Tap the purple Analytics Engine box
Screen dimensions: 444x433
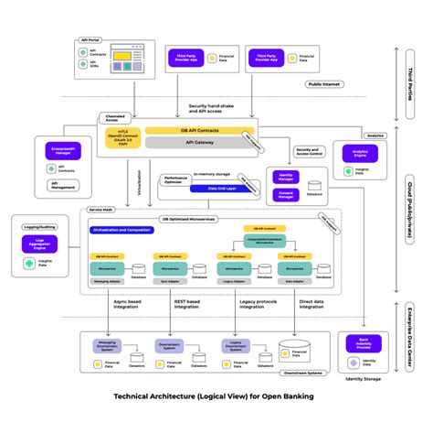pos(354,155)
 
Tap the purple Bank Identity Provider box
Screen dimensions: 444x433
pos(358,345)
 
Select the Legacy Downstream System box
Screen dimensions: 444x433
pos(236,345)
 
